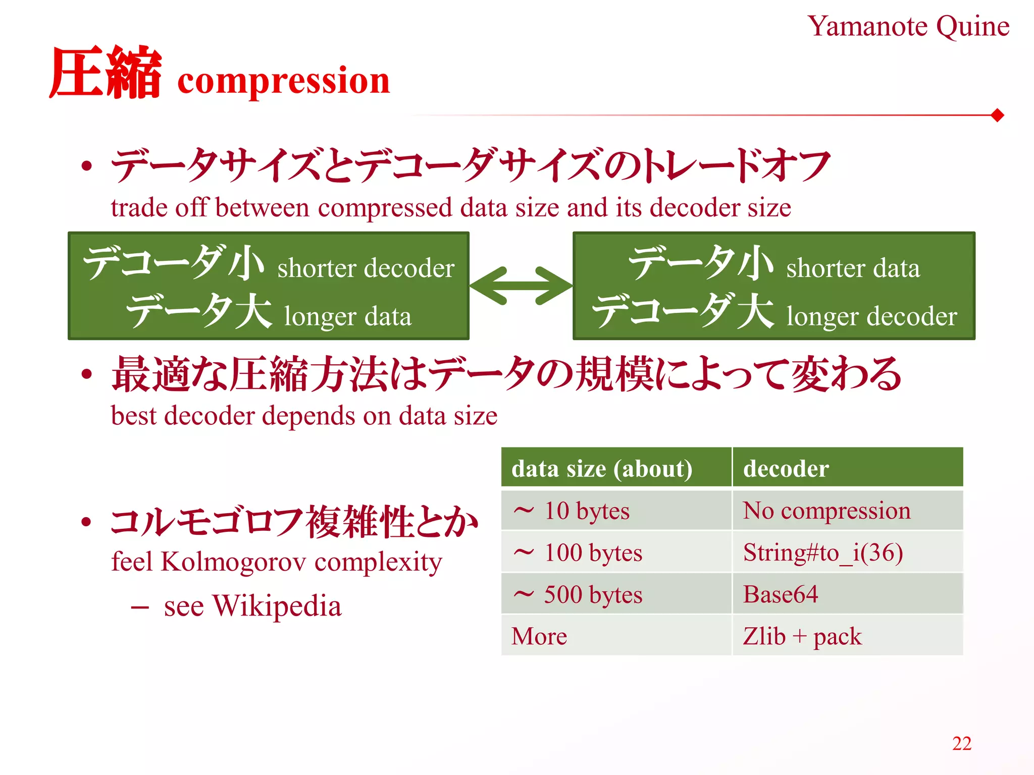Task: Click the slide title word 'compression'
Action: (x=283, y=81)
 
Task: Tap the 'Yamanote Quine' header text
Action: (x=908, y=26)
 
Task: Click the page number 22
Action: (x=962, y=743)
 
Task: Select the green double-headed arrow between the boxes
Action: (x=521, y=286)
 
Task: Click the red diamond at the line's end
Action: (x=997, y=116)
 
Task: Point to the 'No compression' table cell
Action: (x=826, y=511)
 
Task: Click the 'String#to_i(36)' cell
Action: (x=823, y=552)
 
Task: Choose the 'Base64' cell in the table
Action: (x=781, y=594)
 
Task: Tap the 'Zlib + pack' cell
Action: (x=802, y=636)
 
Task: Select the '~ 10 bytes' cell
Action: (x=572, y=511)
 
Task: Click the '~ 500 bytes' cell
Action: (x=578, y=594)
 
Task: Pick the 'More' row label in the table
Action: (x=539, y=636)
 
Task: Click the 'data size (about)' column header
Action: (x=602, y=469)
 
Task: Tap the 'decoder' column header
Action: (x=786, y=469)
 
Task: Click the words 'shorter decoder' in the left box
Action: (x=366, y=268)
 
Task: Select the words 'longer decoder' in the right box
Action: (x=871, y=317)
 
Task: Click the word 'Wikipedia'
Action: (x=277, y=605)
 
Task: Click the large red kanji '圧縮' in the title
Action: (x=106, y=73)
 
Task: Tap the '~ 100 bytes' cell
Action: (x=578, y=552)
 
